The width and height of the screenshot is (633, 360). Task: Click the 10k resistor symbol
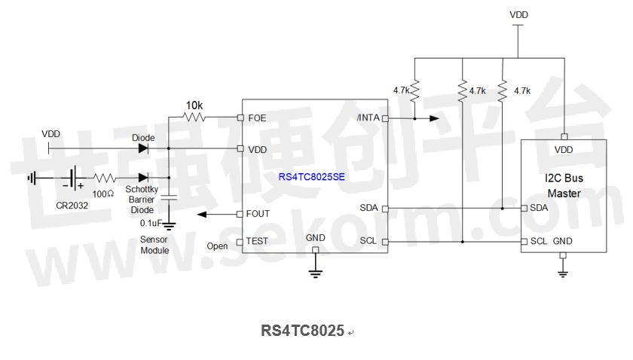tap(194, 117)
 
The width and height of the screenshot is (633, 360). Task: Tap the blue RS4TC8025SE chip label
tap(312, 177)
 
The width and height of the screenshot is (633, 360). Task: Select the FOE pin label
tap(257, 117)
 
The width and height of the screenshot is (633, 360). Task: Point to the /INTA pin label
tap(368, 117)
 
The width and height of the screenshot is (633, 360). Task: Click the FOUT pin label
tap(258, 213)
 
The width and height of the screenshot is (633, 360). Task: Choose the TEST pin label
tap(257, 241)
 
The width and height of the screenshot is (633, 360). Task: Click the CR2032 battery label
tap(72, 206)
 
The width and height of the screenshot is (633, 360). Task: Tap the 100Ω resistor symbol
tap(105, 178)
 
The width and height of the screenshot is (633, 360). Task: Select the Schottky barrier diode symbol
tap(143, 178)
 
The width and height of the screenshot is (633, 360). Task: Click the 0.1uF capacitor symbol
tap(169, 197)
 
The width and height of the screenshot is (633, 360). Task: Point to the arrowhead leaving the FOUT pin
tap(202, 215)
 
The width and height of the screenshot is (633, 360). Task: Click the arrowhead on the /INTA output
tap(434, 118)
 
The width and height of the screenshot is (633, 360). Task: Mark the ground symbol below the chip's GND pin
tap(315, 273)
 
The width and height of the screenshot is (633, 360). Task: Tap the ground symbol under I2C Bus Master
tap(563, 274)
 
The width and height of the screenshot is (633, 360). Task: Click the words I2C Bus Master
tap(564, 186)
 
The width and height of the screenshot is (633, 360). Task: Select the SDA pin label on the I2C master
tap(539, 208)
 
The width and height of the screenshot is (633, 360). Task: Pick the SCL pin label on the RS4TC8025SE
tap(368, 241)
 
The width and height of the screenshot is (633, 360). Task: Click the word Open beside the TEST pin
tap(217, 246)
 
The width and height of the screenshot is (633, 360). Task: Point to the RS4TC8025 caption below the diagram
tap(302, 331)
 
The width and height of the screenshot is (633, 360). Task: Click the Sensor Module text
tap(154, 245)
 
